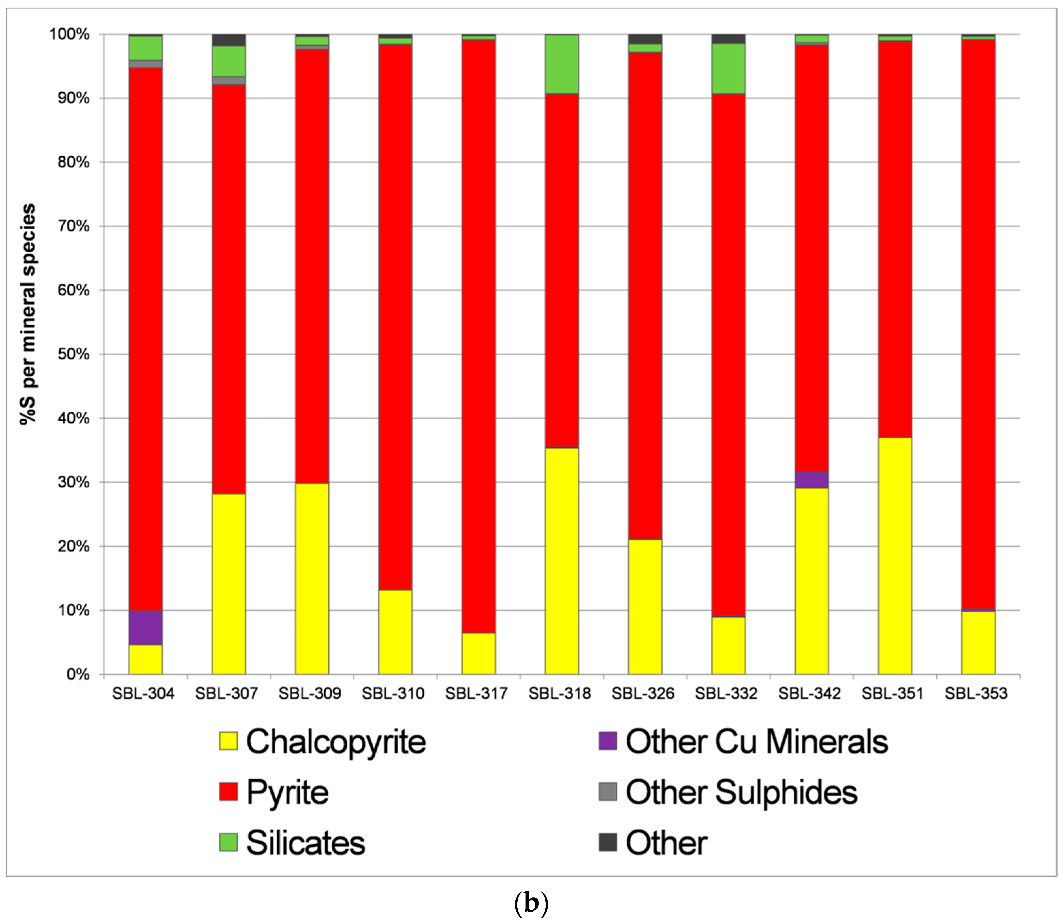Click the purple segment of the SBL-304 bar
(145, 627)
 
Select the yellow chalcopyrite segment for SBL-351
(895, 556)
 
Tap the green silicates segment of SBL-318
(562, 64)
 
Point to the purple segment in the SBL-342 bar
(812, 480)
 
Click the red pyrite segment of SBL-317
(479, 335)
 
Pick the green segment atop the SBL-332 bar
(728, 68)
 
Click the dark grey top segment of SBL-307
(229, 40)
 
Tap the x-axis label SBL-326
(643, 694)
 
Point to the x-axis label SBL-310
(393, 694)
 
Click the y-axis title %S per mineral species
(28, 314)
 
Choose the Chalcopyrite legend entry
(335, 742)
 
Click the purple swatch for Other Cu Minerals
(608, 741)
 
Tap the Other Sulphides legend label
(741, 792)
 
